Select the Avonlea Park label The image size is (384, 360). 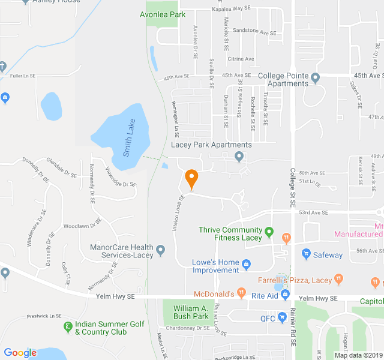pyautogui.click(x=162, y=13)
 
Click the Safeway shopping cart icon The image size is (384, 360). pyautogui.click(x=306, y=254)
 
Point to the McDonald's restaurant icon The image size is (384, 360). pyautogui.click(x=241, y=293)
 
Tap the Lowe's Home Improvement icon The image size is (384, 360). pyautogui.click(x=246, y=263)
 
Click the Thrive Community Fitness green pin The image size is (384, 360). pyautogui.click(x=269, y=230)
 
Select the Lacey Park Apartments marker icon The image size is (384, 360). pyautogui.click(x=239, y=157)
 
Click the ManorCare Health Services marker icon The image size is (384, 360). pyautogui.click(x=160, y=250)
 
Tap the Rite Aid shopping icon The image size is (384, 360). pyautogui.click(x=286, y=294)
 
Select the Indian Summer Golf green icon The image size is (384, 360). pyautogui.click(x=68, y=327)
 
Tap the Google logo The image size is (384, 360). pyautogui.click(x=20, y=353)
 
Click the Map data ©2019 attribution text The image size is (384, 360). pyautogui.click(x=358, y=355)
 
